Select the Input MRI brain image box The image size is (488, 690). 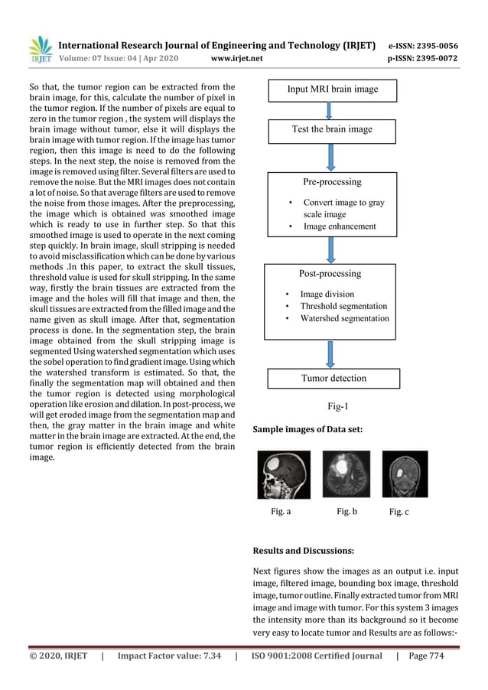click(332, 90)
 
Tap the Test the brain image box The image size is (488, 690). click(332, 129)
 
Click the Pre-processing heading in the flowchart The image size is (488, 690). click(332, 182)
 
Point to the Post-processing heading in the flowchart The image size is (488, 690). click(330, 273)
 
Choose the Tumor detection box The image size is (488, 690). click(333, 378)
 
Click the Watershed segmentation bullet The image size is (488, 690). click(344, 318)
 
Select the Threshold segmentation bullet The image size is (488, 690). click(343, 306)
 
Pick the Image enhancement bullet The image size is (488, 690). click(339, 226)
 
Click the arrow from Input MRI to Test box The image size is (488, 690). click(331, 110)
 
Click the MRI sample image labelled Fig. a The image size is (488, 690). click(284, 474)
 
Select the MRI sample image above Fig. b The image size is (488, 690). click(346, 474)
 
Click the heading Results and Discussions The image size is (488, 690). click(304, 550)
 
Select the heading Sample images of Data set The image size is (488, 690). click(307, 431)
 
